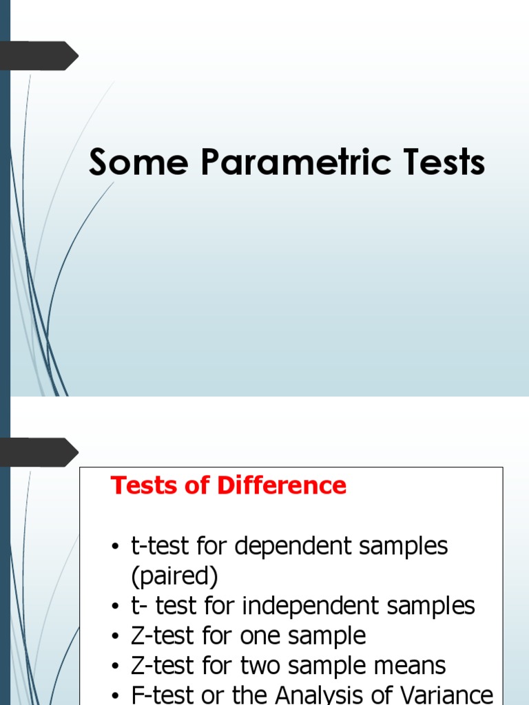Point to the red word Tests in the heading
click(x=141, y=485)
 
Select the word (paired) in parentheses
click(x=174, y=576)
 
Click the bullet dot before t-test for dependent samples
click(x=116, y=547)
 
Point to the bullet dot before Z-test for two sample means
click(x=116, y=666)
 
